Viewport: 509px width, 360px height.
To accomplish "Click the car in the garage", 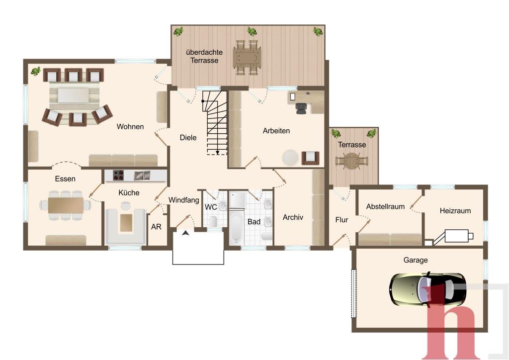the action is (427, 289).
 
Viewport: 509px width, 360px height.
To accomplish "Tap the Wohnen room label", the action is (130, 127).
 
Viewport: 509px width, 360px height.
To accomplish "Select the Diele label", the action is (188, 138).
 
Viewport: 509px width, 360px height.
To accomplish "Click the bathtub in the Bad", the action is (236, 227).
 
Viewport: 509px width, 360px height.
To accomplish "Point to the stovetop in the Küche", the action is (118, 176).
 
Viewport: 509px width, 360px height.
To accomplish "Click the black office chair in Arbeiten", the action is (301, 108).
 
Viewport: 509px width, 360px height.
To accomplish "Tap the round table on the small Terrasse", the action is (352, 161).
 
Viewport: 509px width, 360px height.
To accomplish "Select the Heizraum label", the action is (455, 211).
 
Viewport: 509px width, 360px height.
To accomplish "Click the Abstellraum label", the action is (385, 206).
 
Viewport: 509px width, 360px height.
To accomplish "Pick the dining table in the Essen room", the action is (66, 205).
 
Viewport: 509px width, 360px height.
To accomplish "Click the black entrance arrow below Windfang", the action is (185, 232).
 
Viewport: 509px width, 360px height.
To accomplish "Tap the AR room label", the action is (156, 227).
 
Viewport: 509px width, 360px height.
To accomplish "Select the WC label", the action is (211, 207).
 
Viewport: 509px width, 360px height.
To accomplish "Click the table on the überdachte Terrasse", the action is (248, 58).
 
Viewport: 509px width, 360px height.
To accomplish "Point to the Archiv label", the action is (293, 217).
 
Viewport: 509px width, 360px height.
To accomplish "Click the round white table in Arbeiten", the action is (290, 158).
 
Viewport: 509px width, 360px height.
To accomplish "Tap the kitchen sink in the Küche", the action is (142, 176).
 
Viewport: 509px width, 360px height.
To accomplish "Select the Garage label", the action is (416, 260).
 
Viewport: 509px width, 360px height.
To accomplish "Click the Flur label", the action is (341, 220).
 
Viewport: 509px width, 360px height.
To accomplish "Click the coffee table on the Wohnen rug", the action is (74, 95).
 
